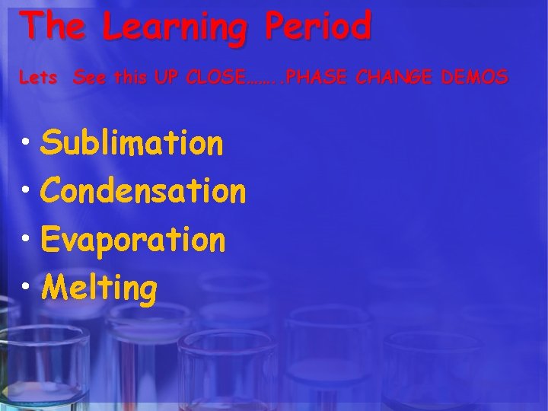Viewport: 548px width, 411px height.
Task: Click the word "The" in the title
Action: pyautogui.click(x=55, y=26)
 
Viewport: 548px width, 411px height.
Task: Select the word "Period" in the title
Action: pyautogui.click(x=319, y=26)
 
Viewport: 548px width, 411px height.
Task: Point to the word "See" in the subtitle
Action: pyautogui.click(x=90, y=77)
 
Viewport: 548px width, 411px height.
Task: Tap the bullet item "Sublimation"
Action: pyautogui.click(x=133, y=142)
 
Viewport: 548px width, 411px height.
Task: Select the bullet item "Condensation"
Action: pyautogui.click(x=144, y=191)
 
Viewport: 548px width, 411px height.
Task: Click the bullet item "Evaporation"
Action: pyautogui.click(x=134, y=241)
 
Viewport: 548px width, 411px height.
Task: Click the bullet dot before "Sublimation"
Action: pyautogui.click(x=27, y=143)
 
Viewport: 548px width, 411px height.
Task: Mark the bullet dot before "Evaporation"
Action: pyautogui.click(x=27, y=241)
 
